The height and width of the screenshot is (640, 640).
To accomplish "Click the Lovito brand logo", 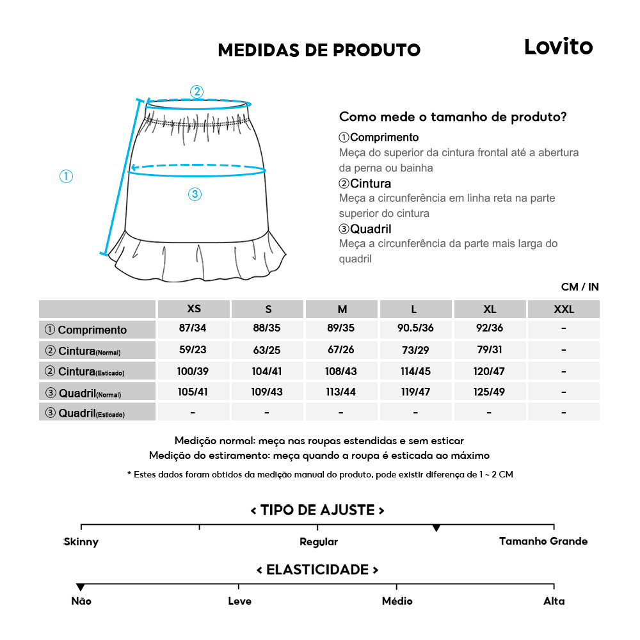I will click(558, 47).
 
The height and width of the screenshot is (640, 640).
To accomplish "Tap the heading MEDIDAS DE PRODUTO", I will click(319, 51).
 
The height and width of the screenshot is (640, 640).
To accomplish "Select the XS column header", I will click(194, 309).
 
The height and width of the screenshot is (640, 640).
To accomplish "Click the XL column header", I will click(490, 309).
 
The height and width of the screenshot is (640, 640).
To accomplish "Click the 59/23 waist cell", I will click(194, 350).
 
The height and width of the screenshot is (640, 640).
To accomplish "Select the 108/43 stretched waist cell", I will click(342, 371).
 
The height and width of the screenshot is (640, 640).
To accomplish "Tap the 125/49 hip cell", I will click(490, 391).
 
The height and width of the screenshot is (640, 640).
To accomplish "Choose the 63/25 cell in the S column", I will click(268, 350).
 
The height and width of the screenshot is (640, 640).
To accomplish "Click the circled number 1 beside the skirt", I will click(66, 176).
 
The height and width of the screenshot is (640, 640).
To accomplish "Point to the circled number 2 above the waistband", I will click(197, 92).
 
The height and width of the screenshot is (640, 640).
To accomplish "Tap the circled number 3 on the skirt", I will click(195, 195).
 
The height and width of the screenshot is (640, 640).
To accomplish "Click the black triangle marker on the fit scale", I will click(436, 528).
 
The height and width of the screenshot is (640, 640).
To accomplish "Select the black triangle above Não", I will click(81, 587).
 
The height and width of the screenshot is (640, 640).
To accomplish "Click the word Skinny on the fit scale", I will click(81, 542).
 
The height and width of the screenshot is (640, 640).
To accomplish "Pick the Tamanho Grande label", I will click(543, 541).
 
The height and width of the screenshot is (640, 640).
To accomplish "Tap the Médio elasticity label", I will click(397, 602).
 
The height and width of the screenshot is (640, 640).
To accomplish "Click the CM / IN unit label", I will click(580, 287).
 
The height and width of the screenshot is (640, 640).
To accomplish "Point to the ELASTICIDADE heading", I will click(317, 570).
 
